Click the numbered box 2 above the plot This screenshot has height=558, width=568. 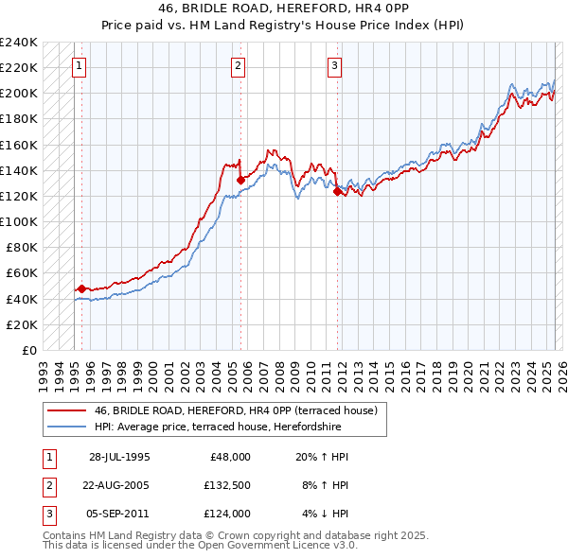click(238, 65)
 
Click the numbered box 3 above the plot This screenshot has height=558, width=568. click(335, 65)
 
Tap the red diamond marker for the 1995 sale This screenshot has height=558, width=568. click(82, 288)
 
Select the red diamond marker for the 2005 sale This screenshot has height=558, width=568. click(240, 180)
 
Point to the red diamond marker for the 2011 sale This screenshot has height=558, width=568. click(338, 191)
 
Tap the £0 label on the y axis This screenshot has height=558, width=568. click(29, 350)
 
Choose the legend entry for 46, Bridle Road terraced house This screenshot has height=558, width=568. click(236, 410)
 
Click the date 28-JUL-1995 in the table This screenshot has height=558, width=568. click(119, 457)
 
